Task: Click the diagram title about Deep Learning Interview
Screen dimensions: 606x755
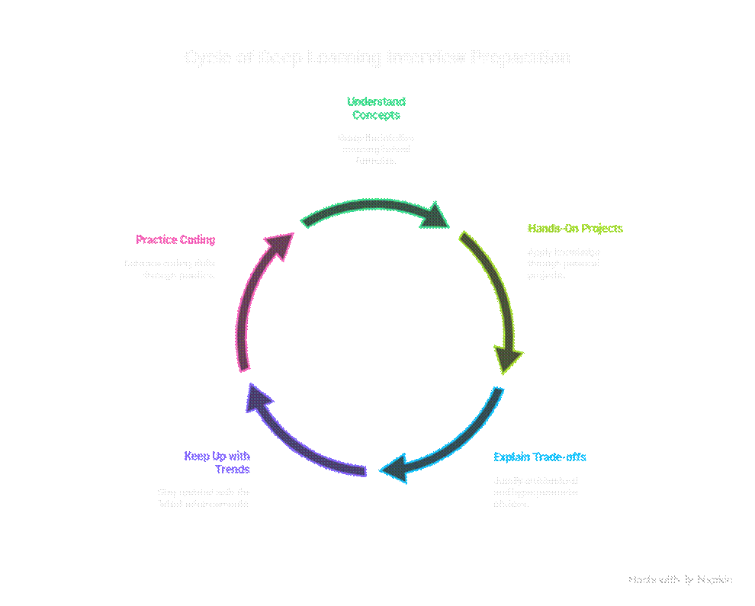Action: click(377, 58)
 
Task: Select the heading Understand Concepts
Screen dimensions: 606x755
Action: click(376, 108)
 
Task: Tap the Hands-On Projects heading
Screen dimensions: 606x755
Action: click(575, 229)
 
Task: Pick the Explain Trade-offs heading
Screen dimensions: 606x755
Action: click(540, 457)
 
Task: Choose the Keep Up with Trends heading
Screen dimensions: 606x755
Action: click(217, 463)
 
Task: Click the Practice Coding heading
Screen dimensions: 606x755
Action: click(175, 240)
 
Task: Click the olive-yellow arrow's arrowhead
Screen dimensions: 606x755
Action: click(509, 358)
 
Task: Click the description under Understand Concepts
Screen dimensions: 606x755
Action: click(376, 150)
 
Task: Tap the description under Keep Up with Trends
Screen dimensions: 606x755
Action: click(204, 499)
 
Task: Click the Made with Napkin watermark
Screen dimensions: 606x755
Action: click(680, 580)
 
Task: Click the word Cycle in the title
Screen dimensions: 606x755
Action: click(206, 58)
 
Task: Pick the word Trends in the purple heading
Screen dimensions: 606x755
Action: click(233, 470)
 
